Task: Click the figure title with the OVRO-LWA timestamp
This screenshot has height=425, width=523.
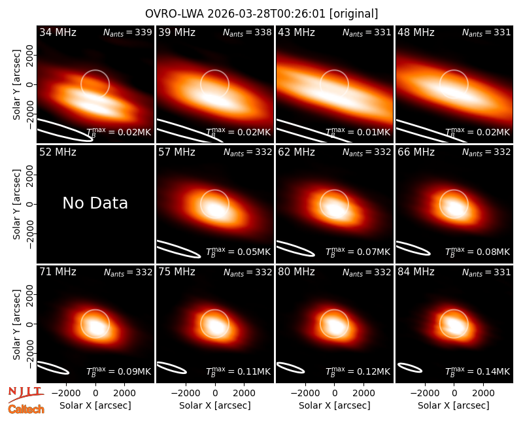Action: [x=261, y=14]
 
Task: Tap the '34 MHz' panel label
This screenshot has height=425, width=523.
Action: [x=58, y=32]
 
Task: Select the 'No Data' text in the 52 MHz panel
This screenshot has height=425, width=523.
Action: [x=95, y=203]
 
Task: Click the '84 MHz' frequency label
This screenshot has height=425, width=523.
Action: [x=416, y=272]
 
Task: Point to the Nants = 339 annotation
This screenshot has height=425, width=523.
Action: [x=127, y=32]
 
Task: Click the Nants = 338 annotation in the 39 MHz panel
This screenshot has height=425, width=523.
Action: [x=247, y=32]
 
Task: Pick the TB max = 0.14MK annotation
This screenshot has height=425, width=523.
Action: [x=478, y=371]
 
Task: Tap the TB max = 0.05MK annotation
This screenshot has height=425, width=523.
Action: [x=238, y=252]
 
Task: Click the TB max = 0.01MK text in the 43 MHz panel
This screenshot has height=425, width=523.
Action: [x=358, y=132]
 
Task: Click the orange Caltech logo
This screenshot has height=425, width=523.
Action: [x=26, y=409]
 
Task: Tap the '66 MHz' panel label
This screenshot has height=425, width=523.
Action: [x=416, y=152]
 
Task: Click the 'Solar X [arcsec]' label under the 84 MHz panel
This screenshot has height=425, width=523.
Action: [x=454, y=405]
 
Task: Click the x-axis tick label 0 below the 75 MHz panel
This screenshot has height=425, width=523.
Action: [x=215, y=393]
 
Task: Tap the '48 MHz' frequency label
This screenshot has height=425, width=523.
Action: [x=416, y=32]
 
